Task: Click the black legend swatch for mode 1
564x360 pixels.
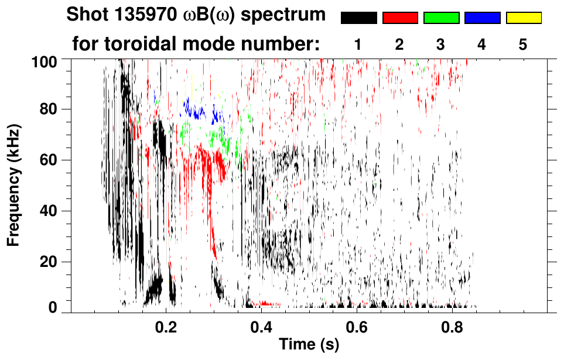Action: click(359, 18)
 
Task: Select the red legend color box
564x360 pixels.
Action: click(400, 18)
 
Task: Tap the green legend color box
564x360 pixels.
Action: click(441, 18)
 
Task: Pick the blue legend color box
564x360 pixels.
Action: click(482, 18)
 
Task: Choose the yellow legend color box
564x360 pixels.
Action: click(523, 18)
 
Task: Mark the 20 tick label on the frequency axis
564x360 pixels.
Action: click(56, 262)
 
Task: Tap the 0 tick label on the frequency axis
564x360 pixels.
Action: click(60, 308)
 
